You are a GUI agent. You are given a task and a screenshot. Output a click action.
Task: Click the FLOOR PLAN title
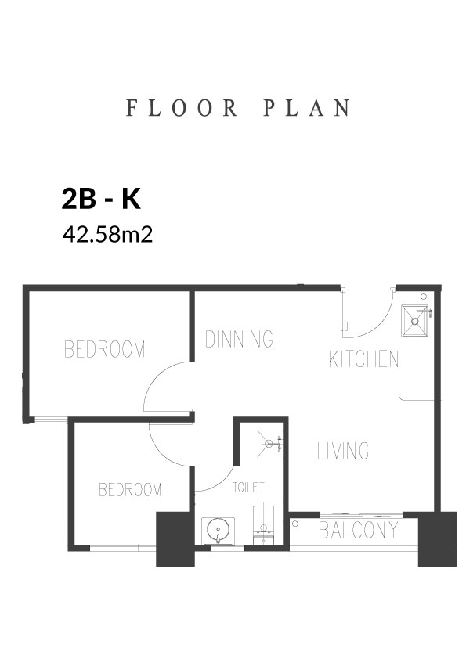coord(238,108)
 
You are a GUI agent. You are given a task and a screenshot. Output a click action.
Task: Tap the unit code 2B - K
coord(101,199)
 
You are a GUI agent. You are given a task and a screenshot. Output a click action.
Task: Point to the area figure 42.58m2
coord(107,235)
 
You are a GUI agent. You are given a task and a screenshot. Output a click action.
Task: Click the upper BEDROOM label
coord(105,349)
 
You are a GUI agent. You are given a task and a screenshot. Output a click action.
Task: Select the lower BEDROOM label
coord(130,490)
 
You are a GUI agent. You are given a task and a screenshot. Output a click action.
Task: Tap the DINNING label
coord(239,339)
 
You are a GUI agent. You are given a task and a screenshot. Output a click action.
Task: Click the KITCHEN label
coord(363,359)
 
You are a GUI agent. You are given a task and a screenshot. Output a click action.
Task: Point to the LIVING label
coord(343,450)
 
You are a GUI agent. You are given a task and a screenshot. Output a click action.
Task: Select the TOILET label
coord(248,488)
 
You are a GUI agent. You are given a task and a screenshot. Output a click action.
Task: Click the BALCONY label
coord(359,531)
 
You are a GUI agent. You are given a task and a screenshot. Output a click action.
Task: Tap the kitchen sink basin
coord(414,321)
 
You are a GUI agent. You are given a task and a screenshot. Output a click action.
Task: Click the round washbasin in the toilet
coord(219,531)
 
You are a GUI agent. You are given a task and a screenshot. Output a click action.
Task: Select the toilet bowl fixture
coord(263,525)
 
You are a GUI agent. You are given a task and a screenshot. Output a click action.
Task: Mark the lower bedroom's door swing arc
coord(162,453)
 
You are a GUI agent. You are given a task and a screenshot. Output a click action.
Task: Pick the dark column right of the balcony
coord(437,539)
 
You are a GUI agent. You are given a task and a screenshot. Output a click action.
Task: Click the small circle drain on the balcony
coord(295,524)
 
